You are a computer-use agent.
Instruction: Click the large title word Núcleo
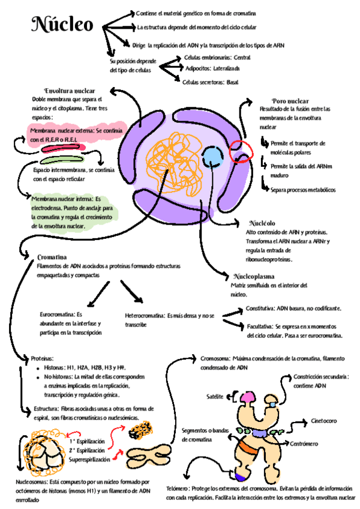click(63, 26)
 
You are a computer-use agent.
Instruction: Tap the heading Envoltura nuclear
click(69, 91)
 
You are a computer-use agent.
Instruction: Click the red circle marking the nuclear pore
click(243, 149)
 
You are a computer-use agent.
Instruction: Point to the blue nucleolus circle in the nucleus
click(212, 157)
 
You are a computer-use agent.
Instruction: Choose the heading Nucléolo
click(261, 223)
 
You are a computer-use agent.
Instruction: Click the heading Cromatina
click(52, 256)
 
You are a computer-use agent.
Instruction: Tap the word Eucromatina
click(57, 314)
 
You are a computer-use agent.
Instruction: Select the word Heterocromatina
click(145, 315)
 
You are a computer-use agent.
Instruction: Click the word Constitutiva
click(260, 308)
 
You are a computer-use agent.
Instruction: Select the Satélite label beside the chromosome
click(215, 397)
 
